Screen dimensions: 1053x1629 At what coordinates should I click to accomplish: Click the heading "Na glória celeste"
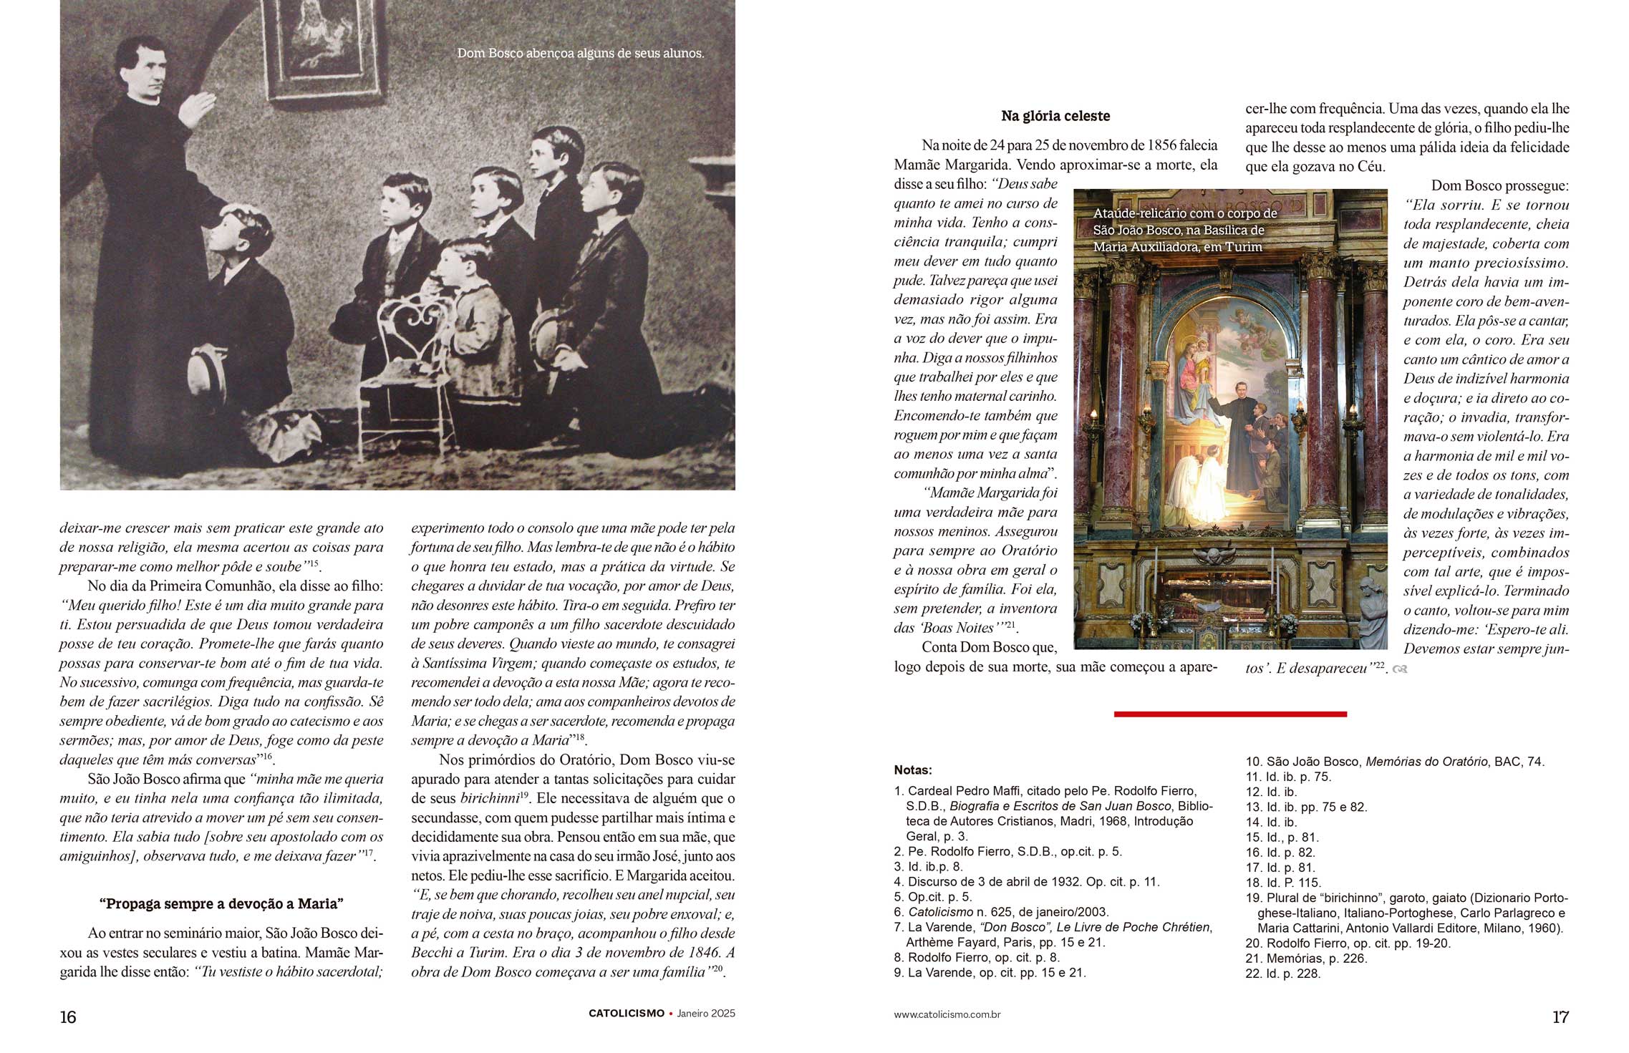point(1055,116)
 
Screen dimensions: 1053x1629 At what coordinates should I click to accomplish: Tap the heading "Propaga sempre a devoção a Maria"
point(221,903)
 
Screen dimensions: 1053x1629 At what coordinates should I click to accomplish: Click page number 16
point(68,1016)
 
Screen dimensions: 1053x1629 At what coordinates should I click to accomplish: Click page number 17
point(1560,1016)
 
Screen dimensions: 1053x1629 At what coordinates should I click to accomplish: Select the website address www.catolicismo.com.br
point(947,1014)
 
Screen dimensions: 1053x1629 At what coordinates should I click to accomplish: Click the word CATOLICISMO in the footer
point(626,1014)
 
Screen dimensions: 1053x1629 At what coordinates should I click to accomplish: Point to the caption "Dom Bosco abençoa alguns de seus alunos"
point(580,53)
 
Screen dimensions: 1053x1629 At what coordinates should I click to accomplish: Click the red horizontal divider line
point(1229,714)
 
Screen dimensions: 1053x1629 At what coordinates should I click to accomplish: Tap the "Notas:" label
point(912,770)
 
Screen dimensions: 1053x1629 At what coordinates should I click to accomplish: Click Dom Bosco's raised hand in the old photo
point(195,107)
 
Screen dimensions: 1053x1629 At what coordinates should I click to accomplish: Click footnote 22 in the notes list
point(1282,974)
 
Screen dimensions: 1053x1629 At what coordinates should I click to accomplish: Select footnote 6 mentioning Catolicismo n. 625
point(1001,912)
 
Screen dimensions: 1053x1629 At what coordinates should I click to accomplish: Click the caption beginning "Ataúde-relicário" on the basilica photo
point(1184,230)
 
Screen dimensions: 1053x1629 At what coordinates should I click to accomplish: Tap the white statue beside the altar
point(1371,612)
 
